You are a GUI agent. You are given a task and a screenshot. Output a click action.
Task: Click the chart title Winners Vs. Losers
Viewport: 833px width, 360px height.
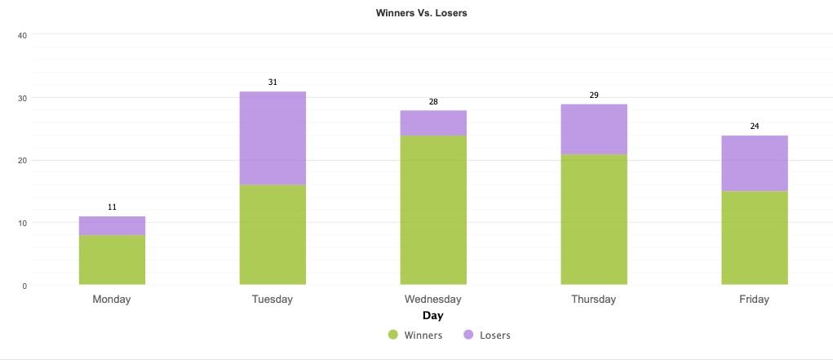point(421,13)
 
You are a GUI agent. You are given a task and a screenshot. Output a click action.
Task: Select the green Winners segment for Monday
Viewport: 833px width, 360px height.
point(112,260)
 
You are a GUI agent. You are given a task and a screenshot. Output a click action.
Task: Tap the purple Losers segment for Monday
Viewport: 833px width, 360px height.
point(112,225)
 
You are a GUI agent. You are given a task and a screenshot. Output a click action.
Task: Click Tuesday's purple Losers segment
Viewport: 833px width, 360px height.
point(272,138)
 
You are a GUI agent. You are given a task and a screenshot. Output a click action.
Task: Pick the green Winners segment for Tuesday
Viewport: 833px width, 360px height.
point(272,234)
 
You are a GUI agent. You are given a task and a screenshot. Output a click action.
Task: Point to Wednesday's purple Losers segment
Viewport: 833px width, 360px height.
point(433,122)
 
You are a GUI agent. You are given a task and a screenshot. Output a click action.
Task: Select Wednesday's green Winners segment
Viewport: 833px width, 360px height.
point(433,210)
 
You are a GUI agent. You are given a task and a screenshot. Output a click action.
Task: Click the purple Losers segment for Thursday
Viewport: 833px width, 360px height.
point(594,129)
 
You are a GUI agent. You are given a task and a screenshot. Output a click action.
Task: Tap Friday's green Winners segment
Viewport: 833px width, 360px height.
point(755,238)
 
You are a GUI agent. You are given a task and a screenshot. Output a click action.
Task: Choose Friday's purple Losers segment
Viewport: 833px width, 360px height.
point(755,163)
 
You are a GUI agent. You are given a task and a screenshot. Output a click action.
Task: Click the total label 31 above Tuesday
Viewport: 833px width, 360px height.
point(272,82)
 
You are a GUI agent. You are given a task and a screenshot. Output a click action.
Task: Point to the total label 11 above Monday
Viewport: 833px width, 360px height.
point(112,207)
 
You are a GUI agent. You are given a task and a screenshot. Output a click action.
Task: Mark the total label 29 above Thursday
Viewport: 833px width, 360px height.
point(594,96)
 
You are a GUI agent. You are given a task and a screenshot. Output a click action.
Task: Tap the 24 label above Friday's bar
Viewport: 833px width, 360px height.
point(755,127)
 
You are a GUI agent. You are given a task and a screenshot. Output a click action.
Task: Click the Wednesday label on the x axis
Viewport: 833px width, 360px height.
point(433,300)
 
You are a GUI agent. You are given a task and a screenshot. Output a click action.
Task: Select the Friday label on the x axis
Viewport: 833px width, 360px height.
point(755,300)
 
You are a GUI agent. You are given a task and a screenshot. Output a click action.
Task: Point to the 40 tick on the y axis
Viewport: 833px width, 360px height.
point(23,35)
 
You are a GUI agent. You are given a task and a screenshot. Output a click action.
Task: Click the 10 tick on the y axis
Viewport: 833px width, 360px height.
point(23,223)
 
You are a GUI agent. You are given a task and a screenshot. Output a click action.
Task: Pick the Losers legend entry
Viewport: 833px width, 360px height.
point(487,335)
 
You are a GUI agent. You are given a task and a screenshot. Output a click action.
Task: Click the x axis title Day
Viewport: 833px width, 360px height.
point(433,315)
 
